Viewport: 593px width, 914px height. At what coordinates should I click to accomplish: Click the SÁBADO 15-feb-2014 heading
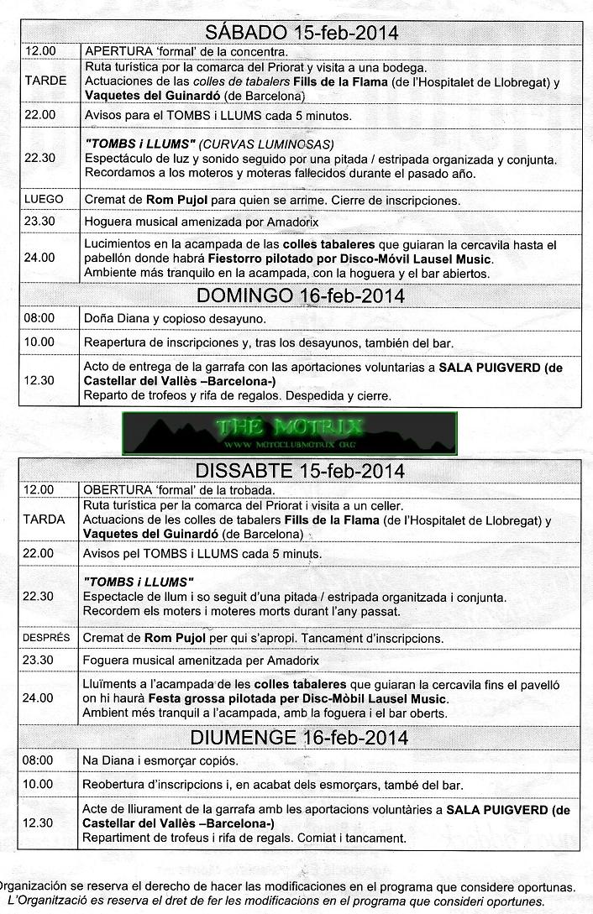(302, 33)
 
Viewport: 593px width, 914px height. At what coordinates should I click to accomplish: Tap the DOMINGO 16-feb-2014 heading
(301, 295)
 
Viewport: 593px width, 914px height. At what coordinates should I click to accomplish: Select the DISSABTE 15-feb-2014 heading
(301, 471)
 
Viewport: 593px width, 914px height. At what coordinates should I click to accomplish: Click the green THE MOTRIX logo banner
(290, 432)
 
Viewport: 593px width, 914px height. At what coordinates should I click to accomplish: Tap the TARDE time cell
(39, 81)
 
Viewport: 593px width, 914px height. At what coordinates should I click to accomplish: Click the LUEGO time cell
(39, 200)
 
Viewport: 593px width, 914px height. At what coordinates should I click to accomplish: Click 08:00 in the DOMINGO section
(39, 318)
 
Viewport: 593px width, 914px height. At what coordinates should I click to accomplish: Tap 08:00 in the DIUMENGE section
(39, 760)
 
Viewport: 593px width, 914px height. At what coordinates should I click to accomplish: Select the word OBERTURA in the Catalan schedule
(117, 489)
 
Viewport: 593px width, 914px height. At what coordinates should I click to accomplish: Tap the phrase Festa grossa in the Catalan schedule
(188, 698)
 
